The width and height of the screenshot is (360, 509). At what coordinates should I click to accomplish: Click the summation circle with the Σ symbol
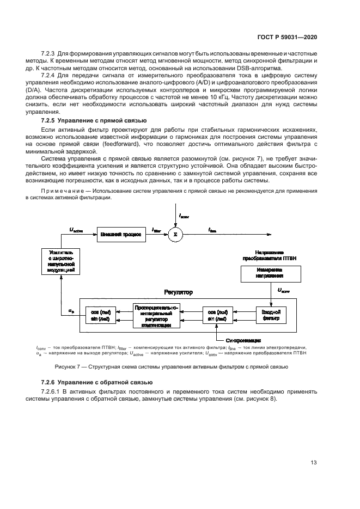tap(176, 235)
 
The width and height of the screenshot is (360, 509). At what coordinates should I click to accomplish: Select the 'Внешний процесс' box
tap(121, 235)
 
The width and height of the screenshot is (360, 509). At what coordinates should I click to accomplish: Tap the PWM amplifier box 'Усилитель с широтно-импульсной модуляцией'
tap(60, 261)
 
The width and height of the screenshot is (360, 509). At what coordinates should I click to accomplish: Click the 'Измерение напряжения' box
tap(267, 272)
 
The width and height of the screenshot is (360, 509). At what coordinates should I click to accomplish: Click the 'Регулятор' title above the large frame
tap(178, 292)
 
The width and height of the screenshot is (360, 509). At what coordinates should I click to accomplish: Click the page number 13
tap(313, 463)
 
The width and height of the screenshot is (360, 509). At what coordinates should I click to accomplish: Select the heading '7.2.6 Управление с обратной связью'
tap(86, 383)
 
